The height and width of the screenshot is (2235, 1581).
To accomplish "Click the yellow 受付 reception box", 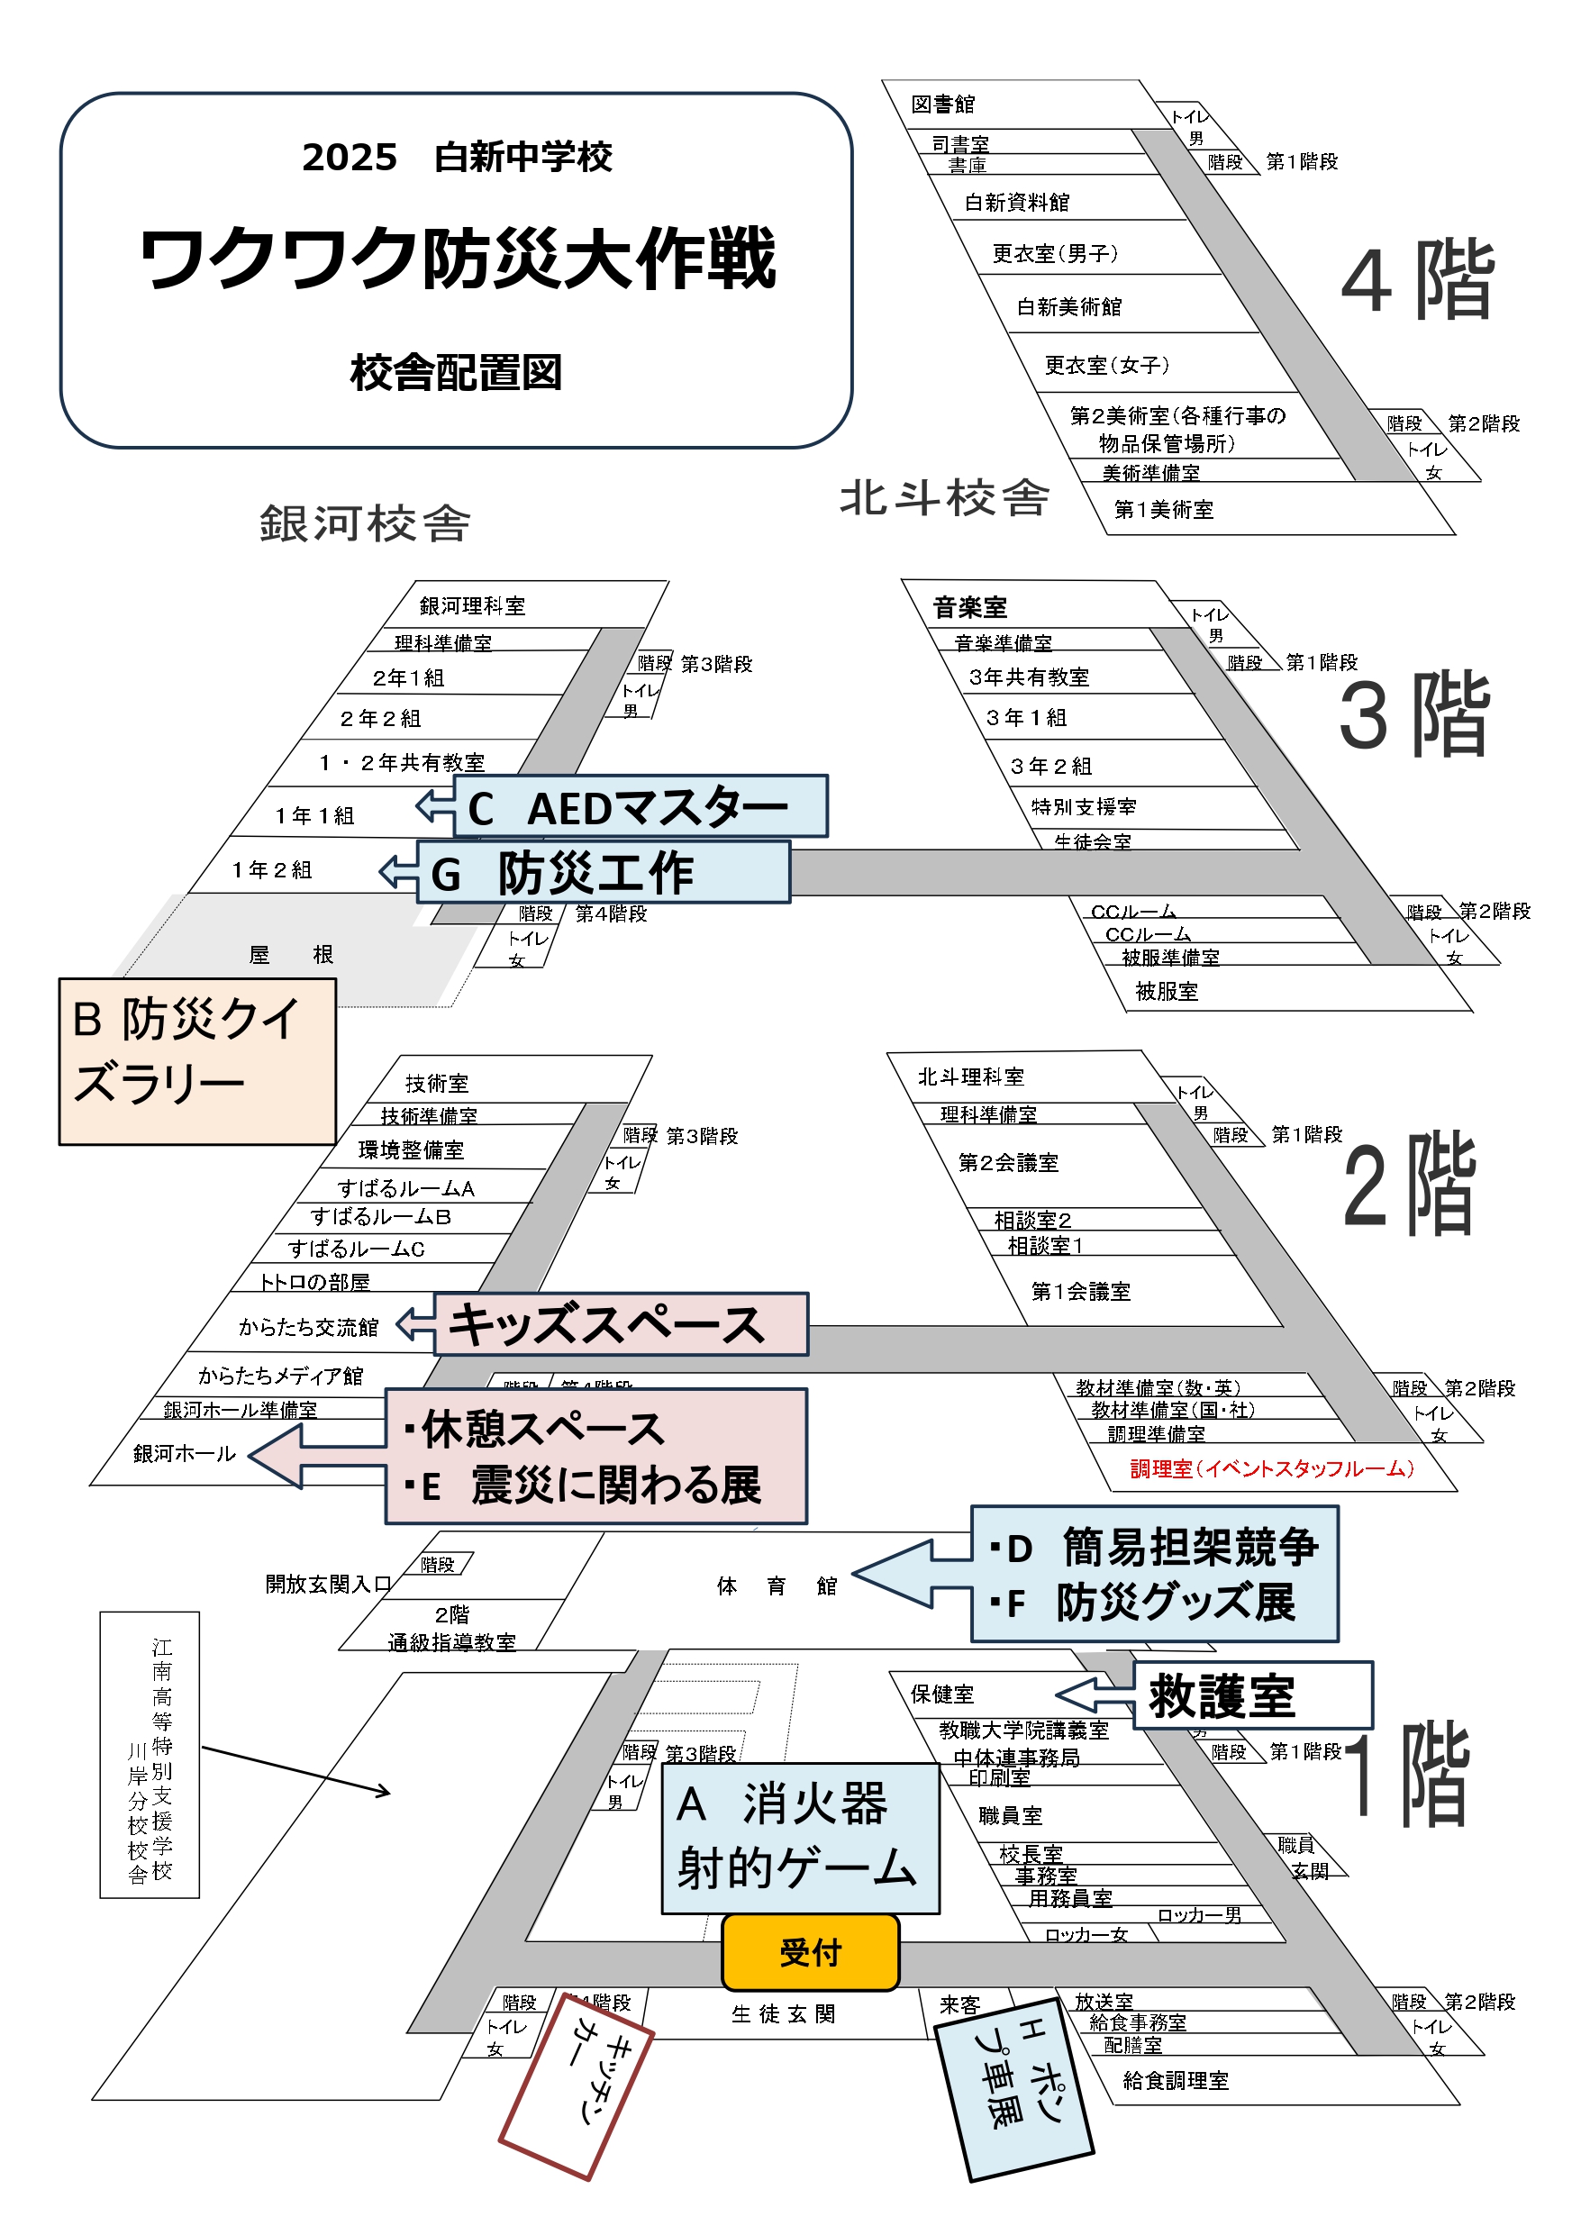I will [810, 1952].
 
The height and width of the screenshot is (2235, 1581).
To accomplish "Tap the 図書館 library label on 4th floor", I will [942, 104].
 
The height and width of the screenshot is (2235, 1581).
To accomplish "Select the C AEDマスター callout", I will [640, 807].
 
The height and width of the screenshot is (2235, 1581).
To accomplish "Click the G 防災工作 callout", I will [603, 872].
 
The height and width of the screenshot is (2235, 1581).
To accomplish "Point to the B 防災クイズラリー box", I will [196, 1060].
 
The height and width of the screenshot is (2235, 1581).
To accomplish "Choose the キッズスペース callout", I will [620, 1324].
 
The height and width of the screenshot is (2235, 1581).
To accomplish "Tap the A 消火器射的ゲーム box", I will [799, 1838].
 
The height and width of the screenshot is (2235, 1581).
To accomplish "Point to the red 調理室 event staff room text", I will [1271, 1468].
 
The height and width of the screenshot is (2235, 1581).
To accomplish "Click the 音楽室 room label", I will [969, 607].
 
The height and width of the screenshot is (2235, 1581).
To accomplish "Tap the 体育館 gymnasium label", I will [776, 1585].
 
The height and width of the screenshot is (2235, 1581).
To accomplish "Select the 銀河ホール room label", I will [185, 1453].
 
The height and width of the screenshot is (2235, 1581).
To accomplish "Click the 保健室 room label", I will [941, 1694].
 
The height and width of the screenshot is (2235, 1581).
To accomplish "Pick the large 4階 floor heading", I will [1416, 281].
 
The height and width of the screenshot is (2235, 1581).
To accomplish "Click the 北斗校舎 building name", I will [944, 498].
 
